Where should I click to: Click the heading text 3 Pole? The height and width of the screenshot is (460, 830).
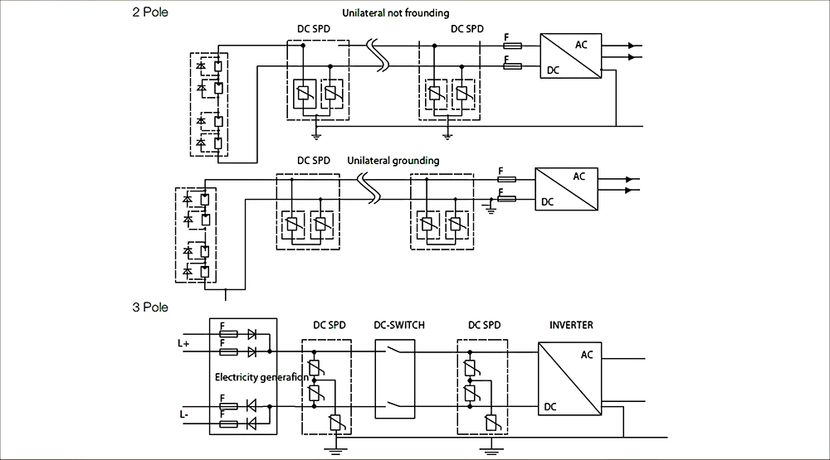coord(150,307)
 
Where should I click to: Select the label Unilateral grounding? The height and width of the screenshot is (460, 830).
coord(393,160)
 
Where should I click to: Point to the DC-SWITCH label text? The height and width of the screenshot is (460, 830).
coord(399,325)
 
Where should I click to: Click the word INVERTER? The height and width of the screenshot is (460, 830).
coord(571,325)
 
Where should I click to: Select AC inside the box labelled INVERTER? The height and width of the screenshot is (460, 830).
coord(587,355)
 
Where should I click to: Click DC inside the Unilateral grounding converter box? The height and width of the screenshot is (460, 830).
coord(548,201)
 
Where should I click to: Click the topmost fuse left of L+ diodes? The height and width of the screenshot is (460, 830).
coord(228,334)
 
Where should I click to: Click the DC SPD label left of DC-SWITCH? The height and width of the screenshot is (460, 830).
coord(330,325)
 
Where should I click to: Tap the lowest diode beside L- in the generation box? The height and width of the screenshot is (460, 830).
coord(252,424)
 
